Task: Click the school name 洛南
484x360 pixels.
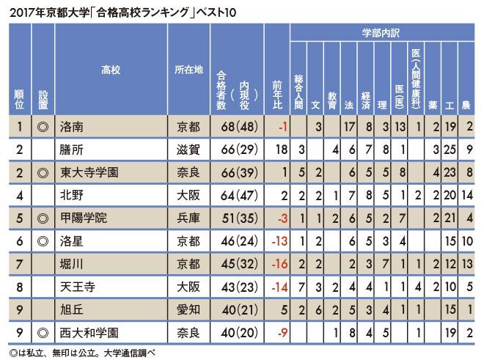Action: click(72, 127)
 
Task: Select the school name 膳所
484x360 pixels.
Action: click(72, 150)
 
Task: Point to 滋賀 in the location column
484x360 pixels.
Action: click(188, 150)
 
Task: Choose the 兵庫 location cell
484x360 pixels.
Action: click(188, 218)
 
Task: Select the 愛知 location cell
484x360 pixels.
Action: click(188, 309)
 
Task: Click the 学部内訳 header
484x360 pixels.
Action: click(381, 33)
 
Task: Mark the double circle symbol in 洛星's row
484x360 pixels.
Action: click(43, 240)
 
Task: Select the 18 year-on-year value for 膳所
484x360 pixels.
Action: click(279, 150)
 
